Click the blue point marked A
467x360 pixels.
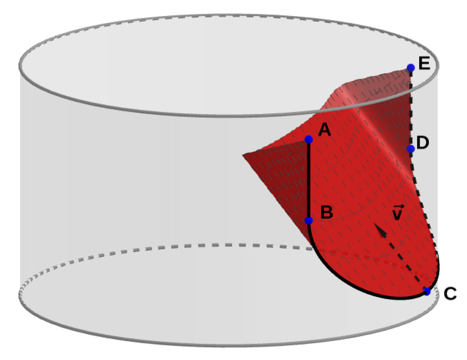(309, 140)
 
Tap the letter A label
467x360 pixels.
(324, 129)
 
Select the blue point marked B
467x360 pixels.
(309, 220)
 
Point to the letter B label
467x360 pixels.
(327, 212)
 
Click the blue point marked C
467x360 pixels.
(427, 291)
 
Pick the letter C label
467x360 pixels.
(450, 294)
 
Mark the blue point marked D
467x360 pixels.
(411, 149)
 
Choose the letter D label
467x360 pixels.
(423, 142)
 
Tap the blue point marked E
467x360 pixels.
(411, 68)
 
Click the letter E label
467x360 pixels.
(424, 63)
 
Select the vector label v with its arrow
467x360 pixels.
(397, 213)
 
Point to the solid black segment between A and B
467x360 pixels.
(309, 180)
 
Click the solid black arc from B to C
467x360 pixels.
(350, 284)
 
